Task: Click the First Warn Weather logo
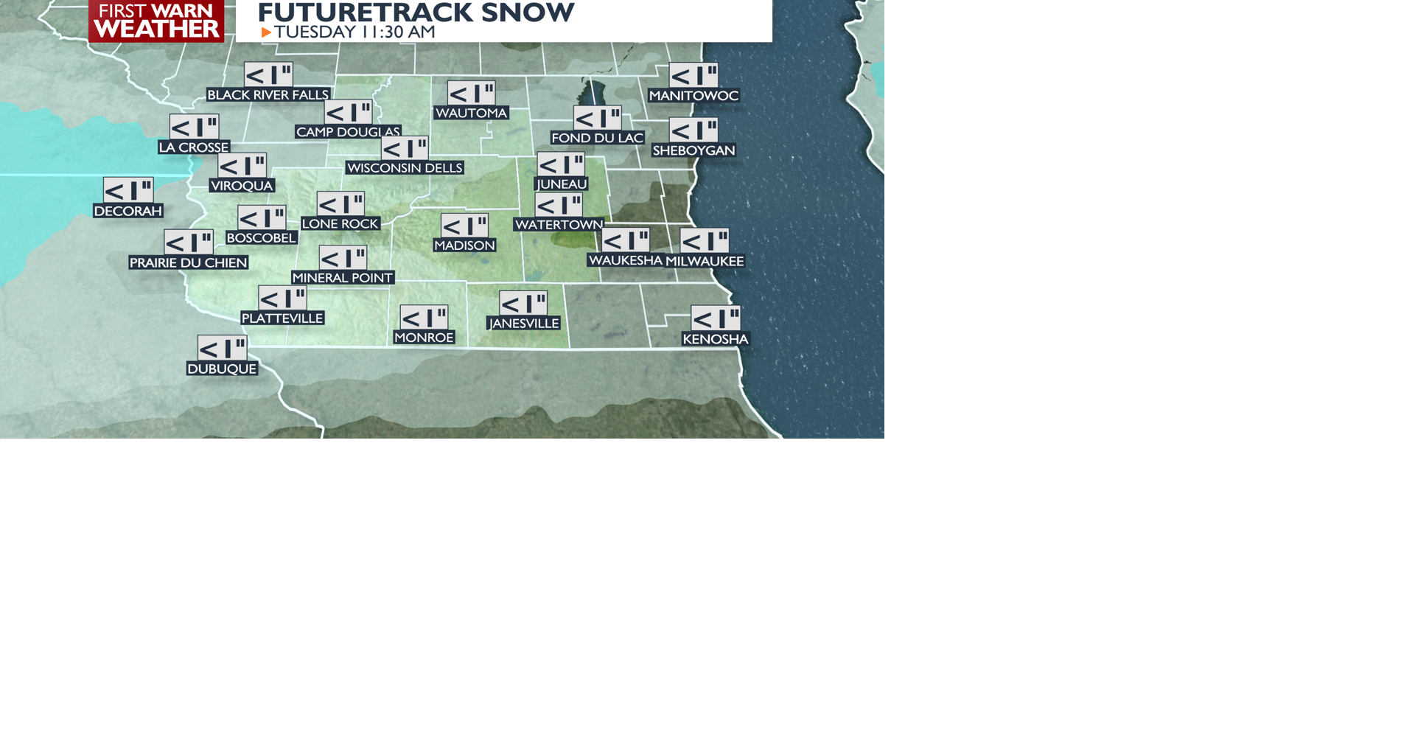pyautogui.click(x=156, y=21)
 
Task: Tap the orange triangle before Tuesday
pyautogui.click(x=266, y=32)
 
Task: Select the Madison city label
pyautogui.click(x=464, y=245)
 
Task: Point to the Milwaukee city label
pyautogui.click(x=705, y=261)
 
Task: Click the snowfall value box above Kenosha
pyautogui.click(x=716, y=318)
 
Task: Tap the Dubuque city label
pyautogui.click(x=222, y=369)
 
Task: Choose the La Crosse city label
pyautogui.click(x=194, y=147)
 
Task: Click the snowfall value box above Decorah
pyautogui.click(x=128, y=190)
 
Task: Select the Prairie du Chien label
pyautogui.click(x=188, y=262)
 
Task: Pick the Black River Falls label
pyautogui.click(x=268, y=95)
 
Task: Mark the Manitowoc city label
pyautogui.click(x=693, y=96)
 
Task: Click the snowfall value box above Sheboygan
pyautogui.click(x=693, y=130)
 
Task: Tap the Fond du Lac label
pyautogui.click(x=597, y=138)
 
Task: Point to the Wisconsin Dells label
pyautogui.click(x=405, y=168)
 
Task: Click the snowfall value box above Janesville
pyautogui.click(x=523, y=303)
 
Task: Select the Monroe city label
pyautogui.click(x=424, y=338)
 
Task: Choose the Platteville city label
pyautogui.click(x=282, y=318)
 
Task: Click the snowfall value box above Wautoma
pyautogui.click(x=471, y=94)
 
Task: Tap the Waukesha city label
pyautogui.click(x=626, y=260)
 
